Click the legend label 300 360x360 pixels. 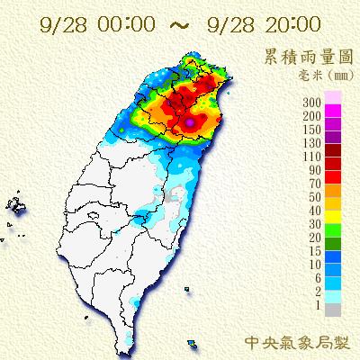[313, 98]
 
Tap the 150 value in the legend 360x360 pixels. [313, 127]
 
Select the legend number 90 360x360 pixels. [316, 168]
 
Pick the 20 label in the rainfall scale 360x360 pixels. [316, 238]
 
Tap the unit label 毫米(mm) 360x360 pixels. [314, 76]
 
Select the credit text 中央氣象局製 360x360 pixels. [297, 343]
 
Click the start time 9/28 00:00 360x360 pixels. [85, 19]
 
